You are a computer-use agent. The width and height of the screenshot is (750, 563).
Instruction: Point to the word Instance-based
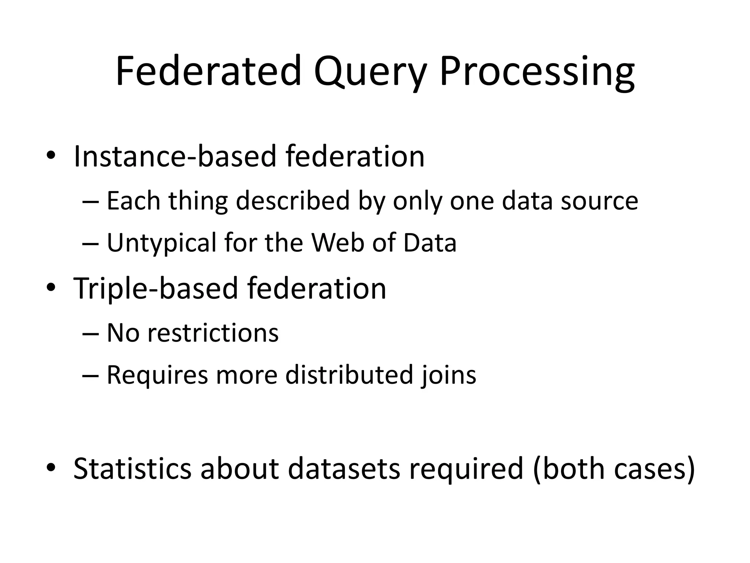point(174,157)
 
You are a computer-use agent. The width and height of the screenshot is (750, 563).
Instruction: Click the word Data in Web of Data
point(430,243)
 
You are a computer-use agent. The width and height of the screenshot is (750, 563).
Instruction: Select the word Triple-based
point(156,288)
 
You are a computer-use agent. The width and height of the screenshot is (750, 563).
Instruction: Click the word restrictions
point(213,333)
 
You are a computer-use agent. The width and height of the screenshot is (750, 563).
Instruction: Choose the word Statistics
point(132,469)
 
